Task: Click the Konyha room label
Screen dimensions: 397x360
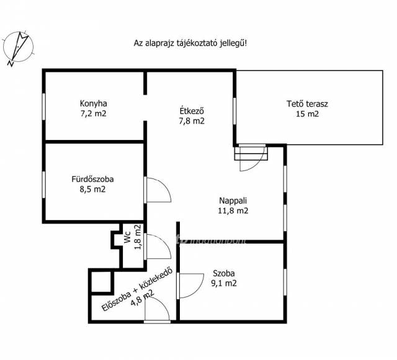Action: click(94, 103)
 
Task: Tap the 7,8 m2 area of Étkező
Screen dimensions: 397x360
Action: click(192, 121)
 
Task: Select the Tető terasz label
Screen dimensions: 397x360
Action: click(307, 103)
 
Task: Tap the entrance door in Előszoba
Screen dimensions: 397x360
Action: click(157, 309)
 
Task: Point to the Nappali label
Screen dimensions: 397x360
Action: click(233, 201)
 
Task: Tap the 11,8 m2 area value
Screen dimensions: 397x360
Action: click(233, 211)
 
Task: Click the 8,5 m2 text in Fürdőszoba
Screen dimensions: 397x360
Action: click(92, 189)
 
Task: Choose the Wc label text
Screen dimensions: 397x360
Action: click(127, 237)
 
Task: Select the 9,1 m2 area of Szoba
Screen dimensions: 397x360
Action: click(224, 283)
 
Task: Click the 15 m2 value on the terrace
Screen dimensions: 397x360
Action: click(307, 114)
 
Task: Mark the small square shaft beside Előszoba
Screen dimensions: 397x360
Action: click(101, 281)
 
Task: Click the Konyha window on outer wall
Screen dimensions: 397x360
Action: click(44, 107)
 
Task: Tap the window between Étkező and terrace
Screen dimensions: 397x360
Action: click(234, 111)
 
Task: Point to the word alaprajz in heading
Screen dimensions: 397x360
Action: click(160, 43)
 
